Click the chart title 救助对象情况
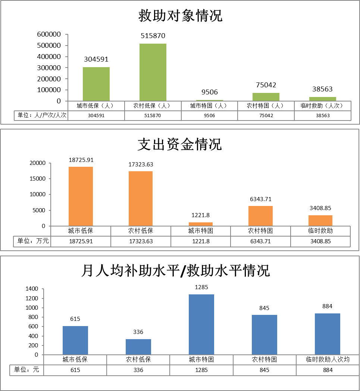(180, 16)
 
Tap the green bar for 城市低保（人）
(96, 84)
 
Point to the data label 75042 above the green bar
(266, 85)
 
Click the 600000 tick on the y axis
(49, 34)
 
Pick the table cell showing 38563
(322, 116)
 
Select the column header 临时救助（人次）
(322, 106)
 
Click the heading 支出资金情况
(180, 144)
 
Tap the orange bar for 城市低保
(81, 196)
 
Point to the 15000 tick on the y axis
(38, 179)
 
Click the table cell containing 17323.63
(141, 241)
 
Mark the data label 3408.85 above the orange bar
(320, 208)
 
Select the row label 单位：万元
(32, 241)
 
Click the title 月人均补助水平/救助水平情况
(175, 270)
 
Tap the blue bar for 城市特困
(201, 324)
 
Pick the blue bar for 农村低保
(138, 347)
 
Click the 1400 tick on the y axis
(32, 289)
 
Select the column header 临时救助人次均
(328, 360)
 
